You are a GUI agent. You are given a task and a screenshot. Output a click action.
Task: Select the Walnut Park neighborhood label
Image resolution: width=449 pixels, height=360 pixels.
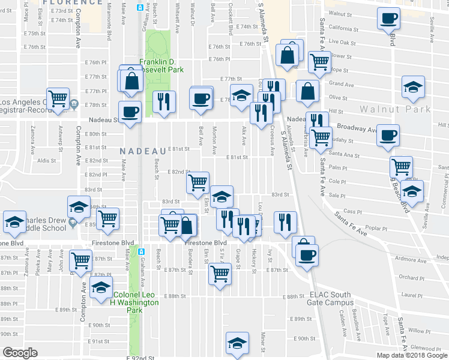point(396,109)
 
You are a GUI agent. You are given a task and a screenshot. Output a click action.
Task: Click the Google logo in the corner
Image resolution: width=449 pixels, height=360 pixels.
point(20,353)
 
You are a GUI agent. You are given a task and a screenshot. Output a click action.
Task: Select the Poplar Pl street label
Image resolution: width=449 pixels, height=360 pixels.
point(378,229)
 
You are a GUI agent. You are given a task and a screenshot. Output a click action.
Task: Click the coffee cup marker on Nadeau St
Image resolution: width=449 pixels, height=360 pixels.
point(130,111)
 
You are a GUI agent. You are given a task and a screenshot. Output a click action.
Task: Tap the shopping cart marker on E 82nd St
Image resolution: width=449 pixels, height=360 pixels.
point(197,182)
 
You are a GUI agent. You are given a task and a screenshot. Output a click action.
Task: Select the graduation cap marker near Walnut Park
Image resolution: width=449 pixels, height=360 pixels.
point(412,87)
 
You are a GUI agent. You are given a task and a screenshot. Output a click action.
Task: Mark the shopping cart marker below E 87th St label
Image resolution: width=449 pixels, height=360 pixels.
point(220,273)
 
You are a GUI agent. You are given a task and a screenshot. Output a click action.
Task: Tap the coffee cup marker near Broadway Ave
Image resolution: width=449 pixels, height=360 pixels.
point(388,134)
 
